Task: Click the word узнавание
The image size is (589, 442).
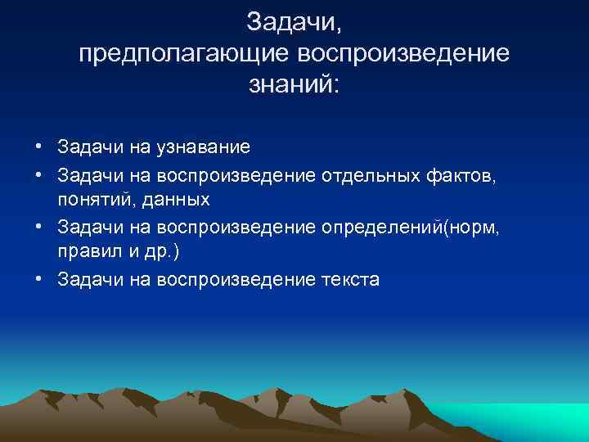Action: pyautogui.click(x=198, y=147)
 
